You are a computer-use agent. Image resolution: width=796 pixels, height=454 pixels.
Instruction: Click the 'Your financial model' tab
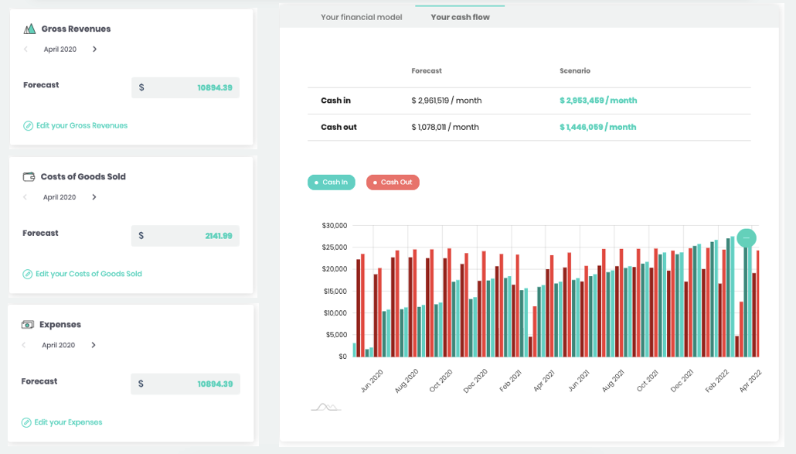tap(361, 17)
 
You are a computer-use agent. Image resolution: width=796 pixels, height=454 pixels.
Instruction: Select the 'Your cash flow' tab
tap(460, 17)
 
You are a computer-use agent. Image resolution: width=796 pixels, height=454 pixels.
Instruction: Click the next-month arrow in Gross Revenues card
tap(95, 49)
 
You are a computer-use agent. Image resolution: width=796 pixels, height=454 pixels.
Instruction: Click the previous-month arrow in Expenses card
tap(25, 346)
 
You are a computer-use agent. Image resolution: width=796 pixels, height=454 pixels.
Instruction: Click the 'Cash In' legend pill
tap(332, 183)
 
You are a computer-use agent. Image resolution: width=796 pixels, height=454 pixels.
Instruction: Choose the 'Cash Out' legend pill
tap(393, 183)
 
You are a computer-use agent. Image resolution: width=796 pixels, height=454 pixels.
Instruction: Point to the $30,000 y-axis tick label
tap(334, 226)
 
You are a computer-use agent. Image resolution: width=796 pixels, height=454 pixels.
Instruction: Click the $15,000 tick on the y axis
tap(334, 292)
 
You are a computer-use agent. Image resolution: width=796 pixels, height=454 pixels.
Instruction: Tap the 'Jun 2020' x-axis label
tap(372, 381)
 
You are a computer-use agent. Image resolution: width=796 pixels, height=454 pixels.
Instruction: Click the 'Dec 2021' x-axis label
tap(682, 381)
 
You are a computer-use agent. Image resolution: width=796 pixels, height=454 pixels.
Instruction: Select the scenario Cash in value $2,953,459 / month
tap(598, 101)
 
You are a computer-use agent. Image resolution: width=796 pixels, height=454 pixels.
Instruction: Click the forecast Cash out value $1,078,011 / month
tap(445, 127)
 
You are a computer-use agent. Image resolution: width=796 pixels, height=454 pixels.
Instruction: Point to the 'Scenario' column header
tap(575, 71)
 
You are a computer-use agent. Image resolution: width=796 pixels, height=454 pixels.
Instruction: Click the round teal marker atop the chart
tap(747, 238)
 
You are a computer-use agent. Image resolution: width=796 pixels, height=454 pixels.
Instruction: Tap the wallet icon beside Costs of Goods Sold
tap(29, 176)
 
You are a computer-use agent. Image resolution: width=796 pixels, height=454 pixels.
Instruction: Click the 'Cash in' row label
tap(335, 101)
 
